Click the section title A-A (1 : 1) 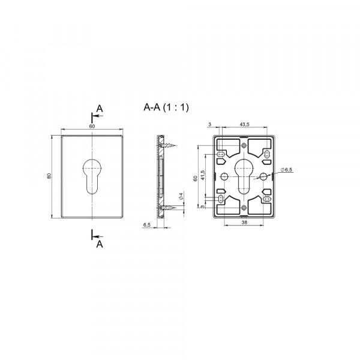coord(166,107)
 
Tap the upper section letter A coord(100,109)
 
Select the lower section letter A coord(100,244)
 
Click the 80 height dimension coord(49,176)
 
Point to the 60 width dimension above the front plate coord(92,126)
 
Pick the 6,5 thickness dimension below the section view coord(147,225)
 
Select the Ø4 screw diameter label coord(181,196)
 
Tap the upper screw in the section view coord(167,145)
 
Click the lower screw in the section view coord(167,208)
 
